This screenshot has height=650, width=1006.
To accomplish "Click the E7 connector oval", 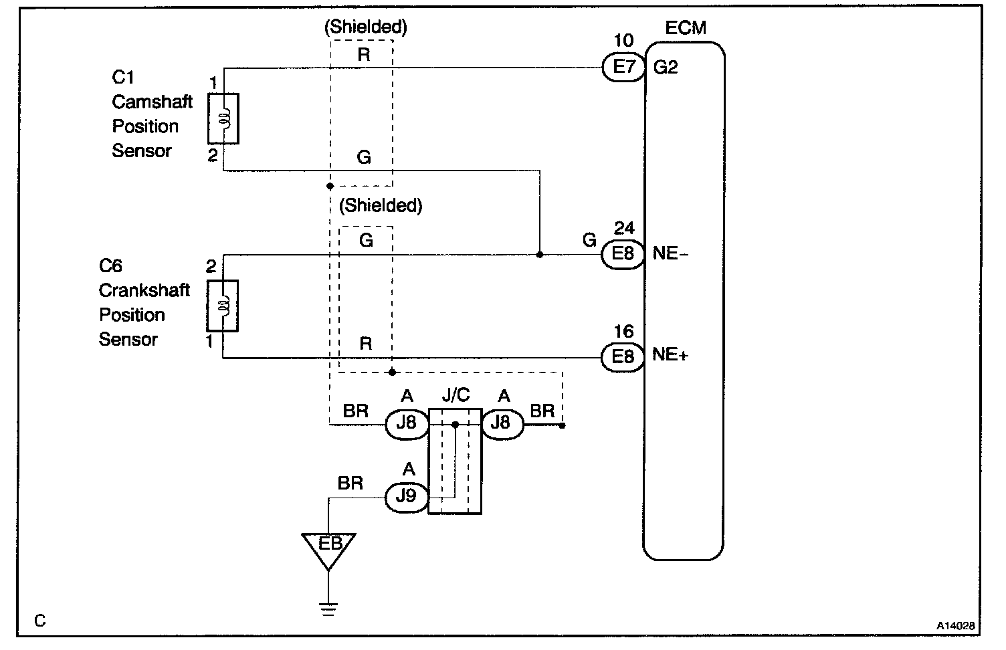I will (x=623, y=67).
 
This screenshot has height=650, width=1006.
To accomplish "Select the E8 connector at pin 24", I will (x=623, y=255).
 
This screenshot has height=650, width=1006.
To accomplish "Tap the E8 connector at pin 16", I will (x=623, y=356).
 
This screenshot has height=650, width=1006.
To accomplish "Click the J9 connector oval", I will (x=406, y=498).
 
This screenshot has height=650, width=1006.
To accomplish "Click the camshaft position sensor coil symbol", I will (x=223, y=118).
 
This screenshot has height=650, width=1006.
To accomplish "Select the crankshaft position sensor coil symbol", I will (x=223, y=306).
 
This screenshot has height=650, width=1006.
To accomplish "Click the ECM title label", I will (x=686, y=29).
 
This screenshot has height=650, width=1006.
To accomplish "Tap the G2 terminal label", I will (x=665, y=67).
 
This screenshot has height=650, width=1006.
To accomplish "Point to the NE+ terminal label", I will (x=670, y=355).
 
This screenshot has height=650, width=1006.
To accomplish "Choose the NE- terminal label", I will (x=670, y=254).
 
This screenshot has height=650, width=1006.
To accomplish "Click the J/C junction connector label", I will (x=456, y=395).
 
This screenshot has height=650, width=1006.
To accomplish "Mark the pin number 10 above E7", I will (x=623, y=40).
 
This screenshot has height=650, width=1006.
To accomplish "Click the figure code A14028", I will (x=956, y=626).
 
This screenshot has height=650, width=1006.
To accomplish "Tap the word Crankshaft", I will (x=144, y=290).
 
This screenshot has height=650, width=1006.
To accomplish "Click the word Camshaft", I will (x=152, y=102).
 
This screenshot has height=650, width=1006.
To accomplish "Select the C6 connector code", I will (x=110, y=265).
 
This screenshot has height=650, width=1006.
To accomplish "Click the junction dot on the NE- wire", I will (x=540, y=255).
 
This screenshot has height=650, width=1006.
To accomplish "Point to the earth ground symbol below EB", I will (x=328, y=608).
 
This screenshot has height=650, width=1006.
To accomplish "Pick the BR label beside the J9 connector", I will (x=350, y=483).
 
